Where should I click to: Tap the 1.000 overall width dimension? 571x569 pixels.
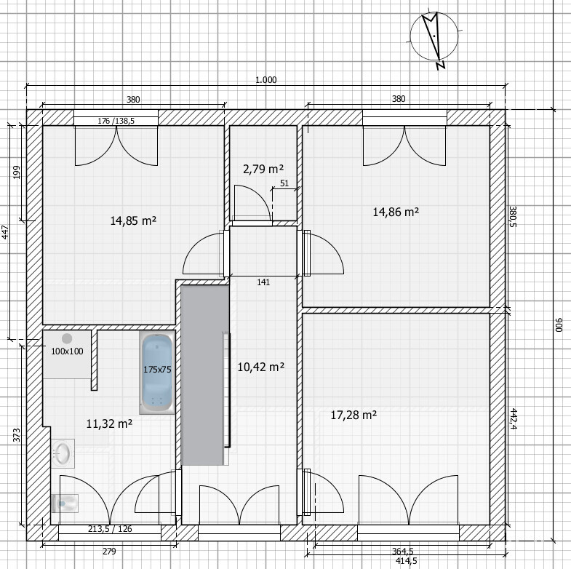click(265, 80)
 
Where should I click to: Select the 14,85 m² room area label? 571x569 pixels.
click(133, 220)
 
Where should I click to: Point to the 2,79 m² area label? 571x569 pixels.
click(263, 169)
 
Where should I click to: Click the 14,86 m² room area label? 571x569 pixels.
click(396, 212)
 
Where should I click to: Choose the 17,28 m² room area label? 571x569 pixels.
click(354, 415)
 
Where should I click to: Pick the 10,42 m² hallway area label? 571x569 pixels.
click(260, 367)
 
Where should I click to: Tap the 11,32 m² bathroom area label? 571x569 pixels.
click(109, 423)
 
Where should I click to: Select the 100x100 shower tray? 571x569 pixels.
click(67, 354)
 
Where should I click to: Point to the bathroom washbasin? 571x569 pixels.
click(63, 453)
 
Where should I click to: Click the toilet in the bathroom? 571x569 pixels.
click(65, 504)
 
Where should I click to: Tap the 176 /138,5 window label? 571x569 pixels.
click(116, 121)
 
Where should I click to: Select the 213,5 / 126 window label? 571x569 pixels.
click(110, 529)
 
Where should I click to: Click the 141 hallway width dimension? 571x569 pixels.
click(263, 282)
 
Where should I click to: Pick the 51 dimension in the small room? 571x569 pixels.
click(284, 183)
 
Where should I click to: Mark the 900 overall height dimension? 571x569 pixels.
click(559, 325)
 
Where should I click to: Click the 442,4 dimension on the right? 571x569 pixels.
click(513, 419)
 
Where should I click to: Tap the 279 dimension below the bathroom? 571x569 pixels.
click(109, 551)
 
